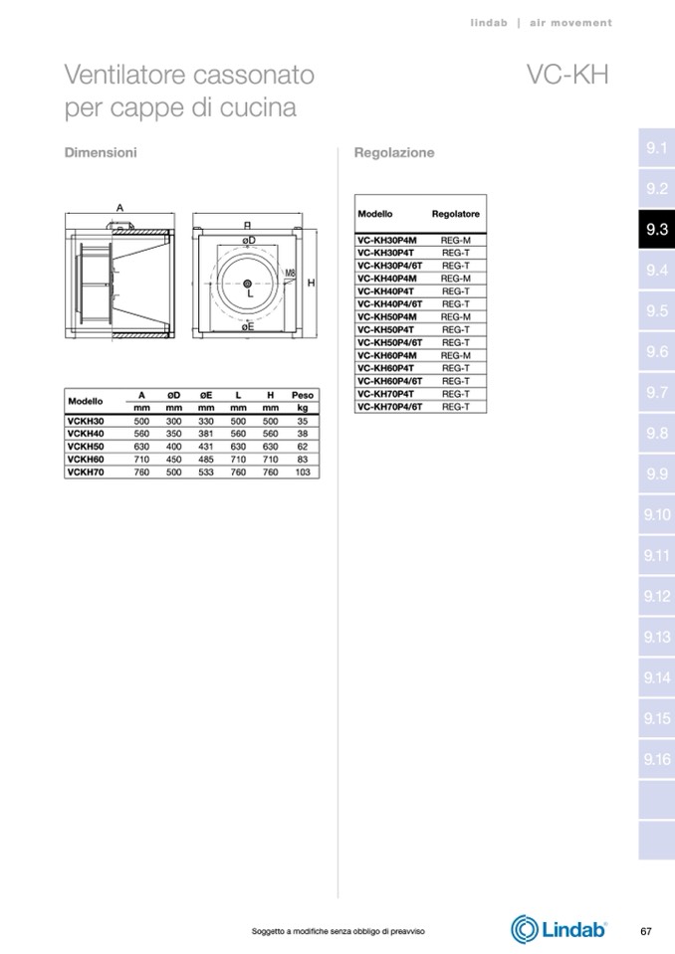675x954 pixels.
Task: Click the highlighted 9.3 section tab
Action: (x=656, y=229)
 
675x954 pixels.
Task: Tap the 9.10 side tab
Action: (x=656, y=514)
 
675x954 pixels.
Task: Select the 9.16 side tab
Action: (x=656, y=759)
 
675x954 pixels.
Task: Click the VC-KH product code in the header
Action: (x=567, y=75)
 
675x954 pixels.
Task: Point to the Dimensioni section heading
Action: (x=101, y=152)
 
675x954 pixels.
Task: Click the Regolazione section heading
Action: (x=394, y=152)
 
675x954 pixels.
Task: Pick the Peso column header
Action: (x=303, y=395)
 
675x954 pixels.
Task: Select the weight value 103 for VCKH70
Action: (x=303, y=473)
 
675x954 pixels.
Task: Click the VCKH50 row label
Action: (x=86, y=447)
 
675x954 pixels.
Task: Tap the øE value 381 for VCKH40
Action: (x=206, y=434)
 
